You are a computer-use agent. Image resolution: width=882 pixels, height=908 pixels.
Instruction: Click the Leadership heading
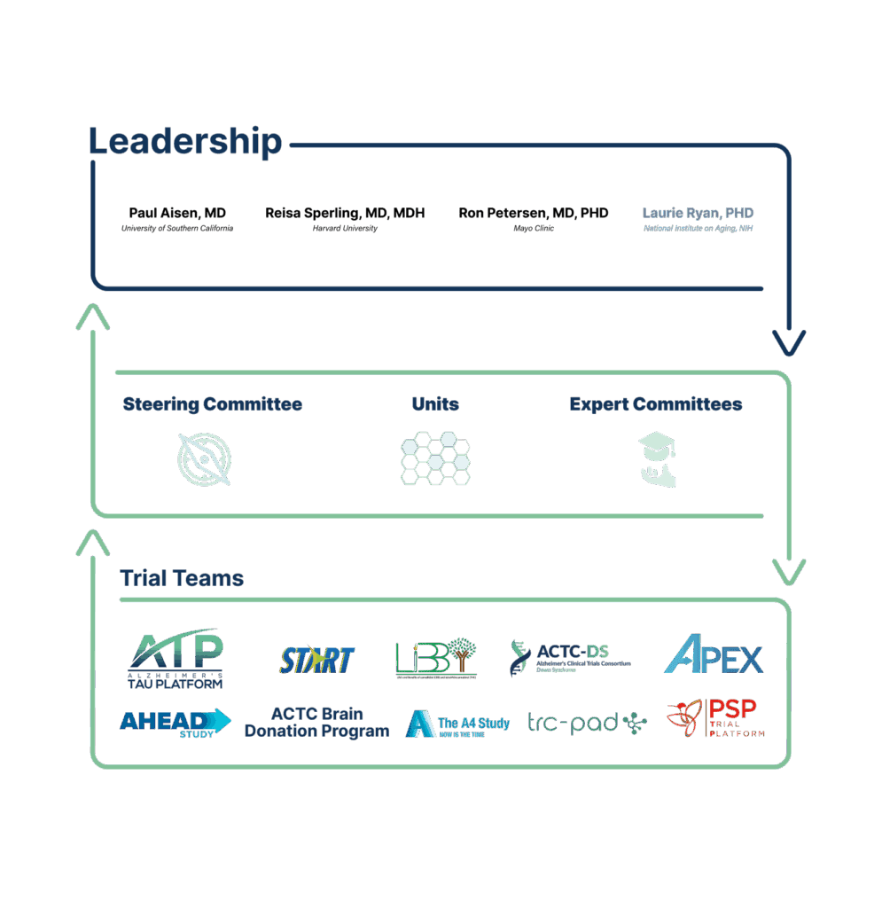tap(185, 142)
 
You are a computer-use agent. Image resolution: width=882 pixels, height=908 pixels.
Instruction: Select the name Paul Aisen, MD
tap(177, 213)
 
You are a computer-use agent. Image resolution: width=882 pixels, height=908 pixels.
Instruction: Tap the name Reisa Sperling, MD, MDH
tap(345, 213)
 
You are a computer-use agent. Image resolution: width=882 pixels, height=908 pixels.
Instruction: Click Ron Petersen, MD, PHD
tap(534, 213)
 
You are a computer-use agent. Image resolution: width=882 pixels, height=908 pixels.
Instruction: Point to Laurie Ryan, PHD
tap(699, 213)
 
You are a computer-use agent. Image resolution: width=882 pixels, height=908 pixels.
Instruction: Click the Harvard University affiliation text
tap(345, 228)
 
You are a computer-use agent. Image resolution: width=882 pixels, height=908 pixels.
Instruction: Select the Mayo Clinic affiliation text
tap(534, 228)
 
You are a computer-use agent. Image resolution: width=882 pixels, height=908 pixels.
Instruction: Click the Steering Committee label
tap(212, 404)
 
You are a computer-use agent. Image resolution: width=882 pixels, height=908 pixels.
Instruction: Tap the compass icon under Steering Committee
tap(204, 458)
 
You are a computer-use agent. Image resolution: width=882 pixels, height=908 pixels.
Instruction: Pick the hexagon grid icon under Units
tap(435, 458)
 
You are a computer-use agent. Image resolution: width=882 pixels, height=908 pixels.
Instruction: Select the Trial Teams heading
tap(182, 579)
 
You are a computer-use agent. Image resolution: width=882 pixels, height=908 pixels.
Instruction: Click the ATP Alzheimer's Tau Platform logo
tap(176, 658)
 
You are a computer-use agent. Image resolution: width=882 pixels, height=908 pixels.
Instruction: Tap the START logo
tap(316, 660)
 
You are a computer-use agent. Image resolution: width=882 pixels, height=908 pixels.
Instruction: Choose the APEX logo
tap(714, 657)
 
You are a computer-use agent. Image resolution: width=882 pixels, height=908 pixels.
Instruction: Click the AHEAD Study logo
tap(175, 722)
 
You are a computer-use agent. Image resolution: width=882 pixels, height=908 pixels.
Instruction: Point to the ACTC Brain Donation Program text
tap(316, 723)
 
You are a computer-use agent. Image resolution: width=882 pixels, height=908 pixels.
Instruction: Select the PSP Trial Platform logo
tap(715, 718)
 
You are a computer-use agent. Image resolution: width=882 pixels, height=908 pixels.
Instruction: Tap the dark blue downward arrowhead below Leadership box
tap(788, 341)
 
